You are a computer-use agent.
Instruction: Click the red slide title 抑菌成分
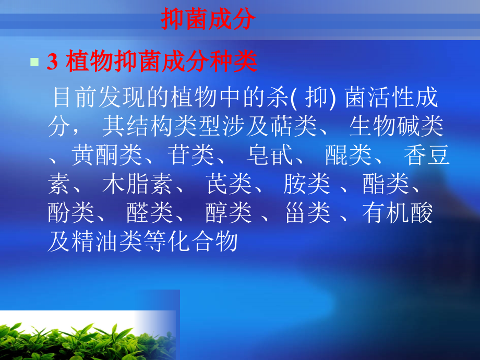208,20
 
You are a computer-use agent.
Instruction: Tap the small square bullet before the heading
34,62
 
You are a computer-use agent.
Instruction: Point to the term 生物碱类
397,127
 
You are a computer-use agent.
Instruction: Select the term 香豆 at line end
427,156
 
